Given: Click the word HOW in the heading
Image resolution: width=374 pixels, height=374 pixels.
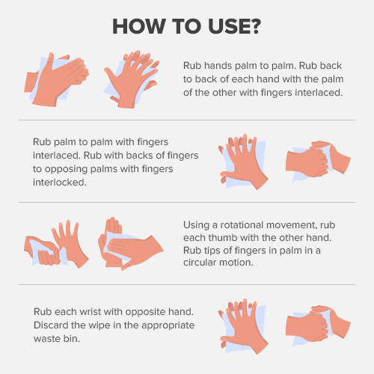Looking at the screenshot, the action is coord(139,26).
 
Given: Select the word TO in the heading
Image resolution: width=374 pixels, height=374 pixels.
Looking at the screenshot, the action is coord(186,26).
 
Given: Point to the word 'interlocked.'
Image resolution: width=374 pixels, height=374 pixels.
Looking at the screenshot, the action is coord(60,183).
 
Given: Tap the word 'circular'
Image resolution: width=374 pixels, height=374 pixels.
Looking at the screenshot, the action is coord(200,263).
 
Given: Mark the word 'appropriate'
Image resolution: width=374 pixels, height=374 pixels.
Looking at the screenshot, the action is coord(168,325).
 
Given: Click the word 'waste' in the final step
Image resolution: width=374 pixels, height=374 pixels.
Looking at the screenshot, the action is coord(45,339).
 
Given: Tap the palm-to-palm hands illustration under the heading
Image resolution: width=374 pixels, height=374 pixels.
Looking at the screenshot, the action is coord(56,79).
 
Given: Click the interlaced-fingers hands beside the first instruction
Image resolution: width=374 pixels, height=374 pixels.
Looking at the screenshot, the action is coord(132,79).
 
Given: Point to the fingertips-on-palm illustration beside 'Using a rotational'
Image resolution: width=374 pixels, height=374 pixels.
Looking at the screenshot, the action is coord(131,244).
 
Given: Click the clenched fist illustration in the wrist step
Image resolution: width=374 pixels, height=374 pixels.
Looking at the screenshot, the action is coord(318,324).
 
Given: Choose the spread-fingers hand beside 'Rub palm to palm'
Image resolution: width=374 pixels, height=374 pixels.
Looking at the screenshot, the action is coord(243,162).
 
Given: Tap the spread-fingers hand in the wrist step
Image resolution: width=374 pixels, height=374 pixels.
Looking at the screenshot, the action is coord(243,326).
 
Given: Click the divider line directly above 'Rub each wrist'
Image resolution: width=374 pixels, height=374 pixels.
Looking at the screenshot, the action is coord(187,284).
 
